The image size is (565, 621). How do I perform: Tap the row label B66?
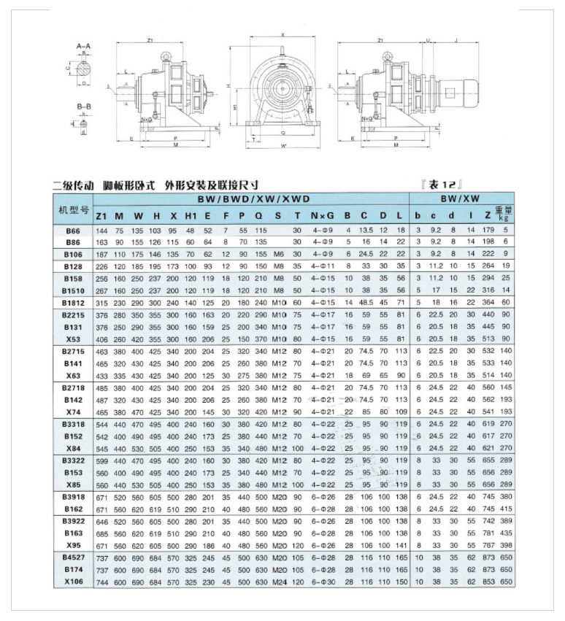(73, 230)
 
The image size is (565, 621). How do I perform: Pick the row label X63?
(73, 375)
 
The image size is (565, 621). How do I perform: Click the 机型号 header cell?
(73, 209)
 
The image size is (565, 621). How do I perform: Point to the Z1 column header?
(101, 215)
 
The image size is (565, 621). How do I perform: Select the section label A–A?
(83, 47)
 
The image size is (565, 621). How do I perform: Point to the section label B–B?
(83, 106)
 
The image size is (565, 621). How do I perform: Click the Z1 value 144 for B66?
(101, 230)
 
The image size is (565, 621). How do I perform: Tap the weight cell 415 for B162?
(504, 509)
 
